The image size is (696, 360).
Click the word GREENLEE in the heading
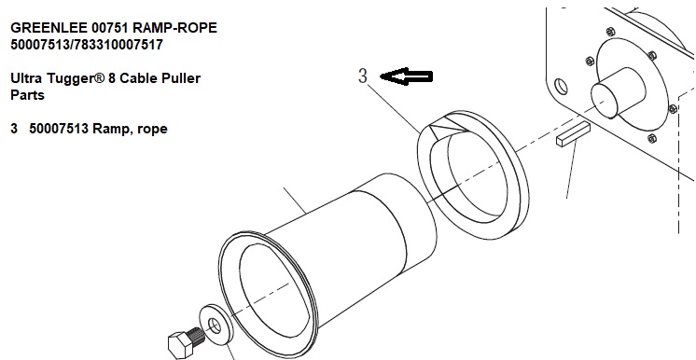pos(49,28)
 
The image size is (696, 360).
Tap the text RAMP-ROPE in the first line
pos(174,28)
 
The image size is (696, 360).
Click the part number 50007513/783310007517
pos(87,45)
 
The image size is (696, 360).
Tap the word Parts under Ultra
pos(27,95)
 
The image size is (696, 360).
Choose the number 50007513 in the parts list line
pos(59,129)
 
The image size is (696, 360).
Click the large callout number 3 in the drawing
pos(363,76)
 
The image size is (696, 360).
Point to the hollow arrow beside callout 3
pos(407,76)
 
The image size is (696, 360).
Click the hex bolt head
pos(180,343)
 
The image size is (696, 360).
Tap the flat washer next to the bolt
pos(216,325)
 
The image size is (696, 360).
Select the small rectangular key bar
pos(573,134)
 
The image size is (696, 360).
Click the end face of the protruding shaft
pos(605,101)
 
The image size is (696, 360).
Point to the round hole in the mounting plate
pos(562,87)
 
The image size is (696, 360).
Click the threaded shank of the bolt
pos(197,335)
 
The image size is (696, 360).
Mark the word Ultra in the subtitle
pos(27,78)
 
